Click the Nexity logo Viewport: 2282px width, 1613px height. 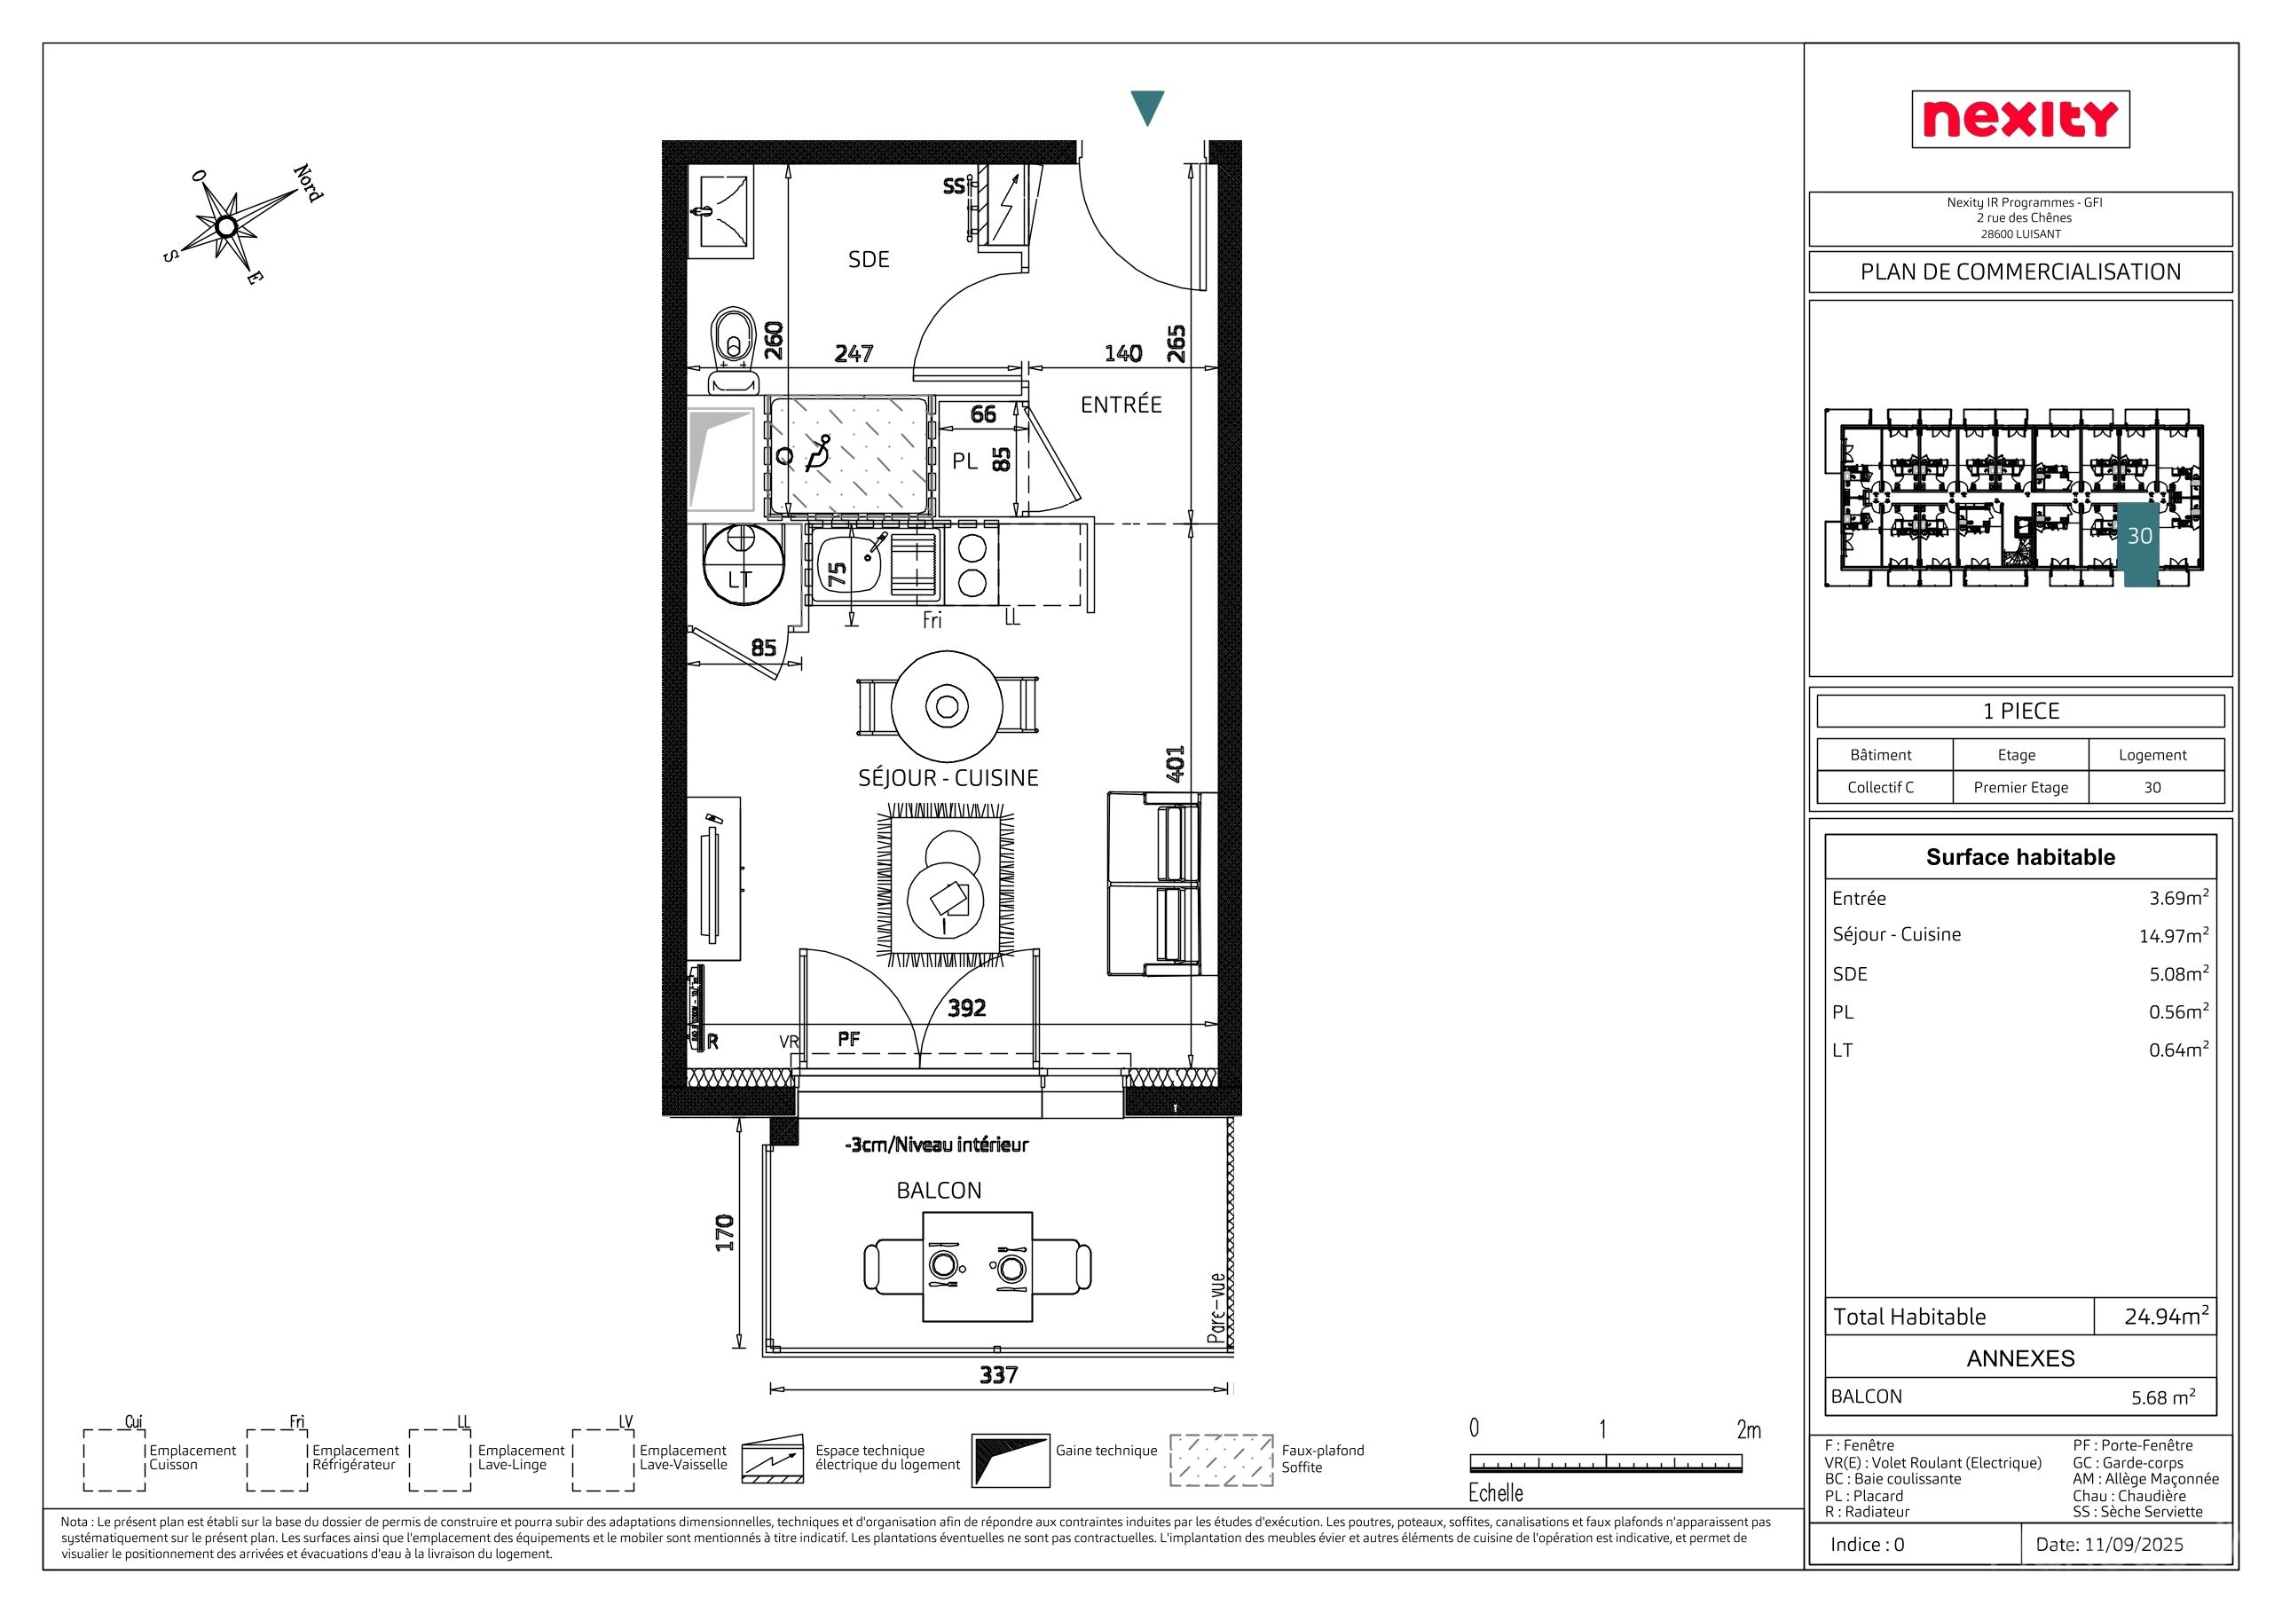point(2019,119)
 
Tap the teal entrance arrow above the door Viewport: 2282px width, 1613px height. point(1147,107)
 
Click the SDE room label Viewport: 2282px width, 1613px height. point(869,259)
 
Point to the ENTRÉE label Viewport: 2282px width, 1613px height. point(1121,405)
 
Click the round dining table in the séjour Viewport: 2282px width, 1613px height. point(948,706)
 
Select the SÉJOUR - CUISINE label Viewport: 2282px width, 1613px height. point(948,778)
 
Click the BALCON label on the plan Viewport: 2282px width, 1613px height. point(940,1191)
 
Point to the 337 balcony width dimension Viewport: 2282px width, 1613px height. point(999,1374)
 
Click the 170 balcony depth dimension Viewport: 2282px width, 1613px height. point(725,1232)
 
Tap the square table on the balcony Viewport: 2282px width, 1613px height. point(977,1267)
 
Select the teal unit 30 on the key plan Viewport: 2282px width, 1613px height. point(2141,545)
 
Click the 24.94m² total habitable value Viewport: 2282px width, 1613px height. point(2167,1316)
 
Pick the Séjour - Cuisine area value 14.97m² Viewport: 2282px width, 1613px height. point(2174,935)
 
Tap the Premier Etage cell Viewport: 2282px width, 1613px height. point(2020,787)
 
